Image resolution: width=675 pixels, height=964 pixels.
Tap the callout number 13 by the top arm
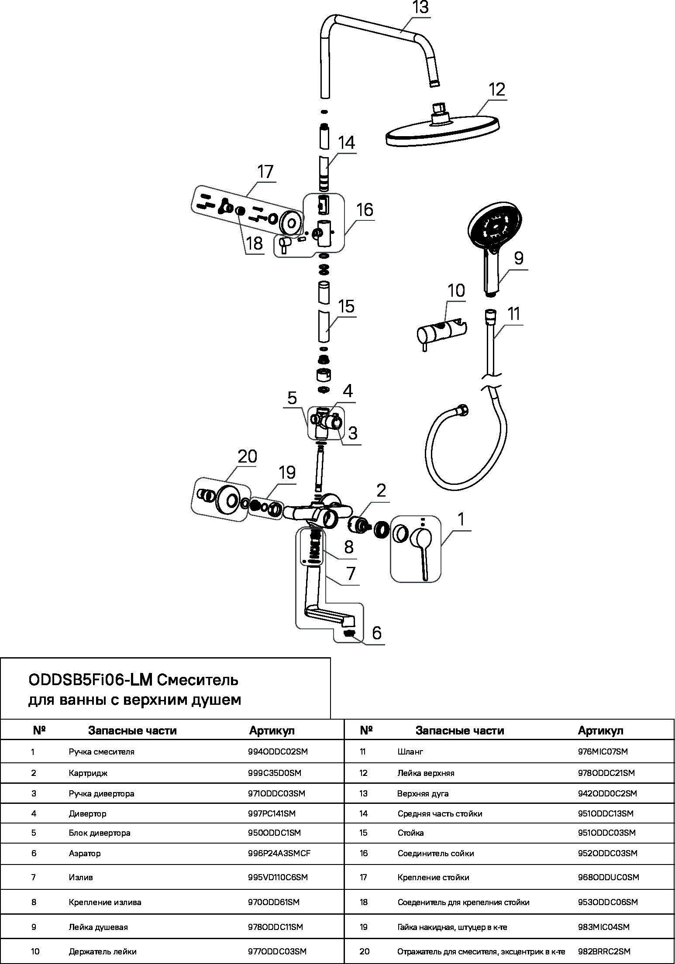point(420,8)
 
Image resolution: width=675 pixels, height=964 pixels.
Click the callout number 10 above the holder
point(456,291)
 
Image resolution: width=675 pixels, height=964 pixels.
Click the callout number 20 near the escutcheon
point(248,456)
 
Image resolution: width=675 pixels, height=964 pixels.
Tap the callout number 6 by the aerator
point(377,632)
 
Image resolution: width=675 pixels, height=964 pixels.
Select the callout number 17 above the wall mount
point(265,172)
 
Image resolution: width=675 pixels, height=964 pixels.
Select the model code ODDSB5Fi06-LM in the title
point(90,680)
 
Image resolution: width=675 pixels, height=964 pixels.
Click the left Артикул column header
point(272,731)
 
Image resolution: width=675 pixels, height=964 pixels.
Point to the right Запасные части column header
point(460,731)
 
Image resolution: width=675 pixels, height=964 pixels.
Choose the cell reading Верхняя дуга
point(423,793)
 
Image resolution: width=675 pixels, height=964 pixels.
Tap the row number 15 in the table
point(364,833)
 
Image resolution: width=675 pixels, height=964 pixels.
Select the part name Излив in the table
point(81,877)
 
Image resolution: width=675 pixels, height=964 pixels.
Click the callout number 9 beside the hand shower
point(518,258)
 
